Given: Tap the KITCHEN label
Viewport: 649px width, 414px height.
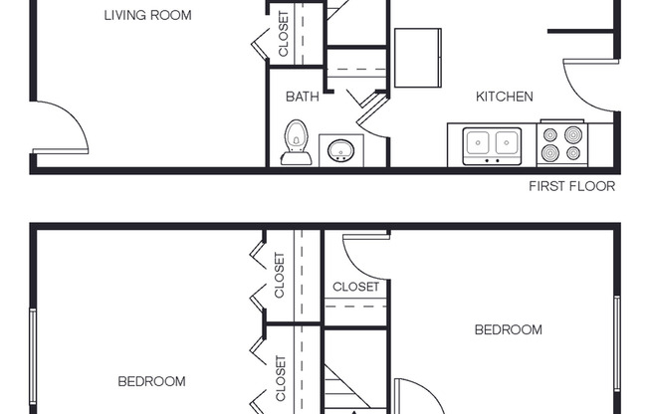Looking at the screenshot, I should tap(504, 97).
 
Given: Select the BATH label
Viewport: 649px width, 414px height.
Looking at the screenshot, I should tap(302, 97).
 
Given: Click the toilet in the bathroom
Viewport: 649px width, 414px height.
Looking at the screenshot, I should tap(295, 142).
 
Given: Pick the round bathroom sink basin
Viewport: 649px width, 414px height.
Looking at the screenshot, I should tap(340, 151).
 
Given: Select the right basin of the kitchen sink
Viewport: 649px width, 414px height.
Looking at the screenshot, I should tap(507, 141).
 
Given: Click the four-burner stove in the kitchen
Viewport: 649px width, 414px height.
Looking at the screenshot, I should tap(561, 143).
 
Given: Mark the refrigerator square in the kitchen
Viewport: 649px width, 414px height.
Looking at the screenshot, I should tap(418, 58).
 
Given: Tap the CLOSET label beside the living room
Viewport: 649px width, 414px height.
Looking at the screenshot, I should tap(283, 36).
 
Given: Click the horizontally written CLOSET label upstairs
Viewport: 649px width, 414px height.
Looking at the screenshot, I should tap(355, 287).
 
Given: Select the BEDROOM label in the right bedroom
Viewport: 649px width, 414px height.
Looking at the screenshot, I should tap(508, 329).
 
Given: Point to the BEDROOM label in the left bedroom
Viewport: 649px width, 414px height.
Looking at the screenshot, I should tap(151, 381).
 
